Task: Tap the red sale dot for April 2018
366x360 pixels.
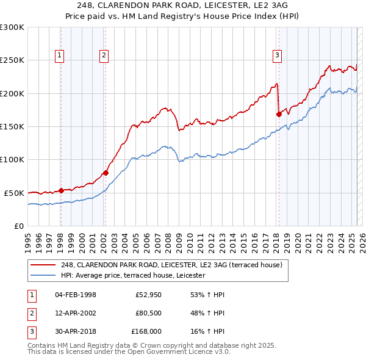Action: click(x=279, y=113)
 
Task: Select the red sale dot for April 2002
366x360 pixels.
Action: click(x=106, y=173)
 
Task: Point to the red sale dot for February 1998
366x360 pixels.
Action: click(x=61, y=190)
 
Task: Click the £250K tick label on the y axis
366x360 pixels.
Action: click(x=12, y=60)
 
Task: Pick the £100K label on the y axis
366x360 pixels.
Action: click(x=12, y=159)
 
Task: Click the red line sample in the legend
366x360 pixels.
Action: click(x=44, y=265)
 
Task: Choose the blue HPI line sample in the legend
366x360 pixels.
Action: click(x=44, y=276)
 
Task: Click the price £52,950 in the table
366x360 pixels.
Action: click(x=148, y=295)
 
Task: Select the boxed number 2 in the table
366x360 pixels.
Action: click(x=30, y=313)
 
